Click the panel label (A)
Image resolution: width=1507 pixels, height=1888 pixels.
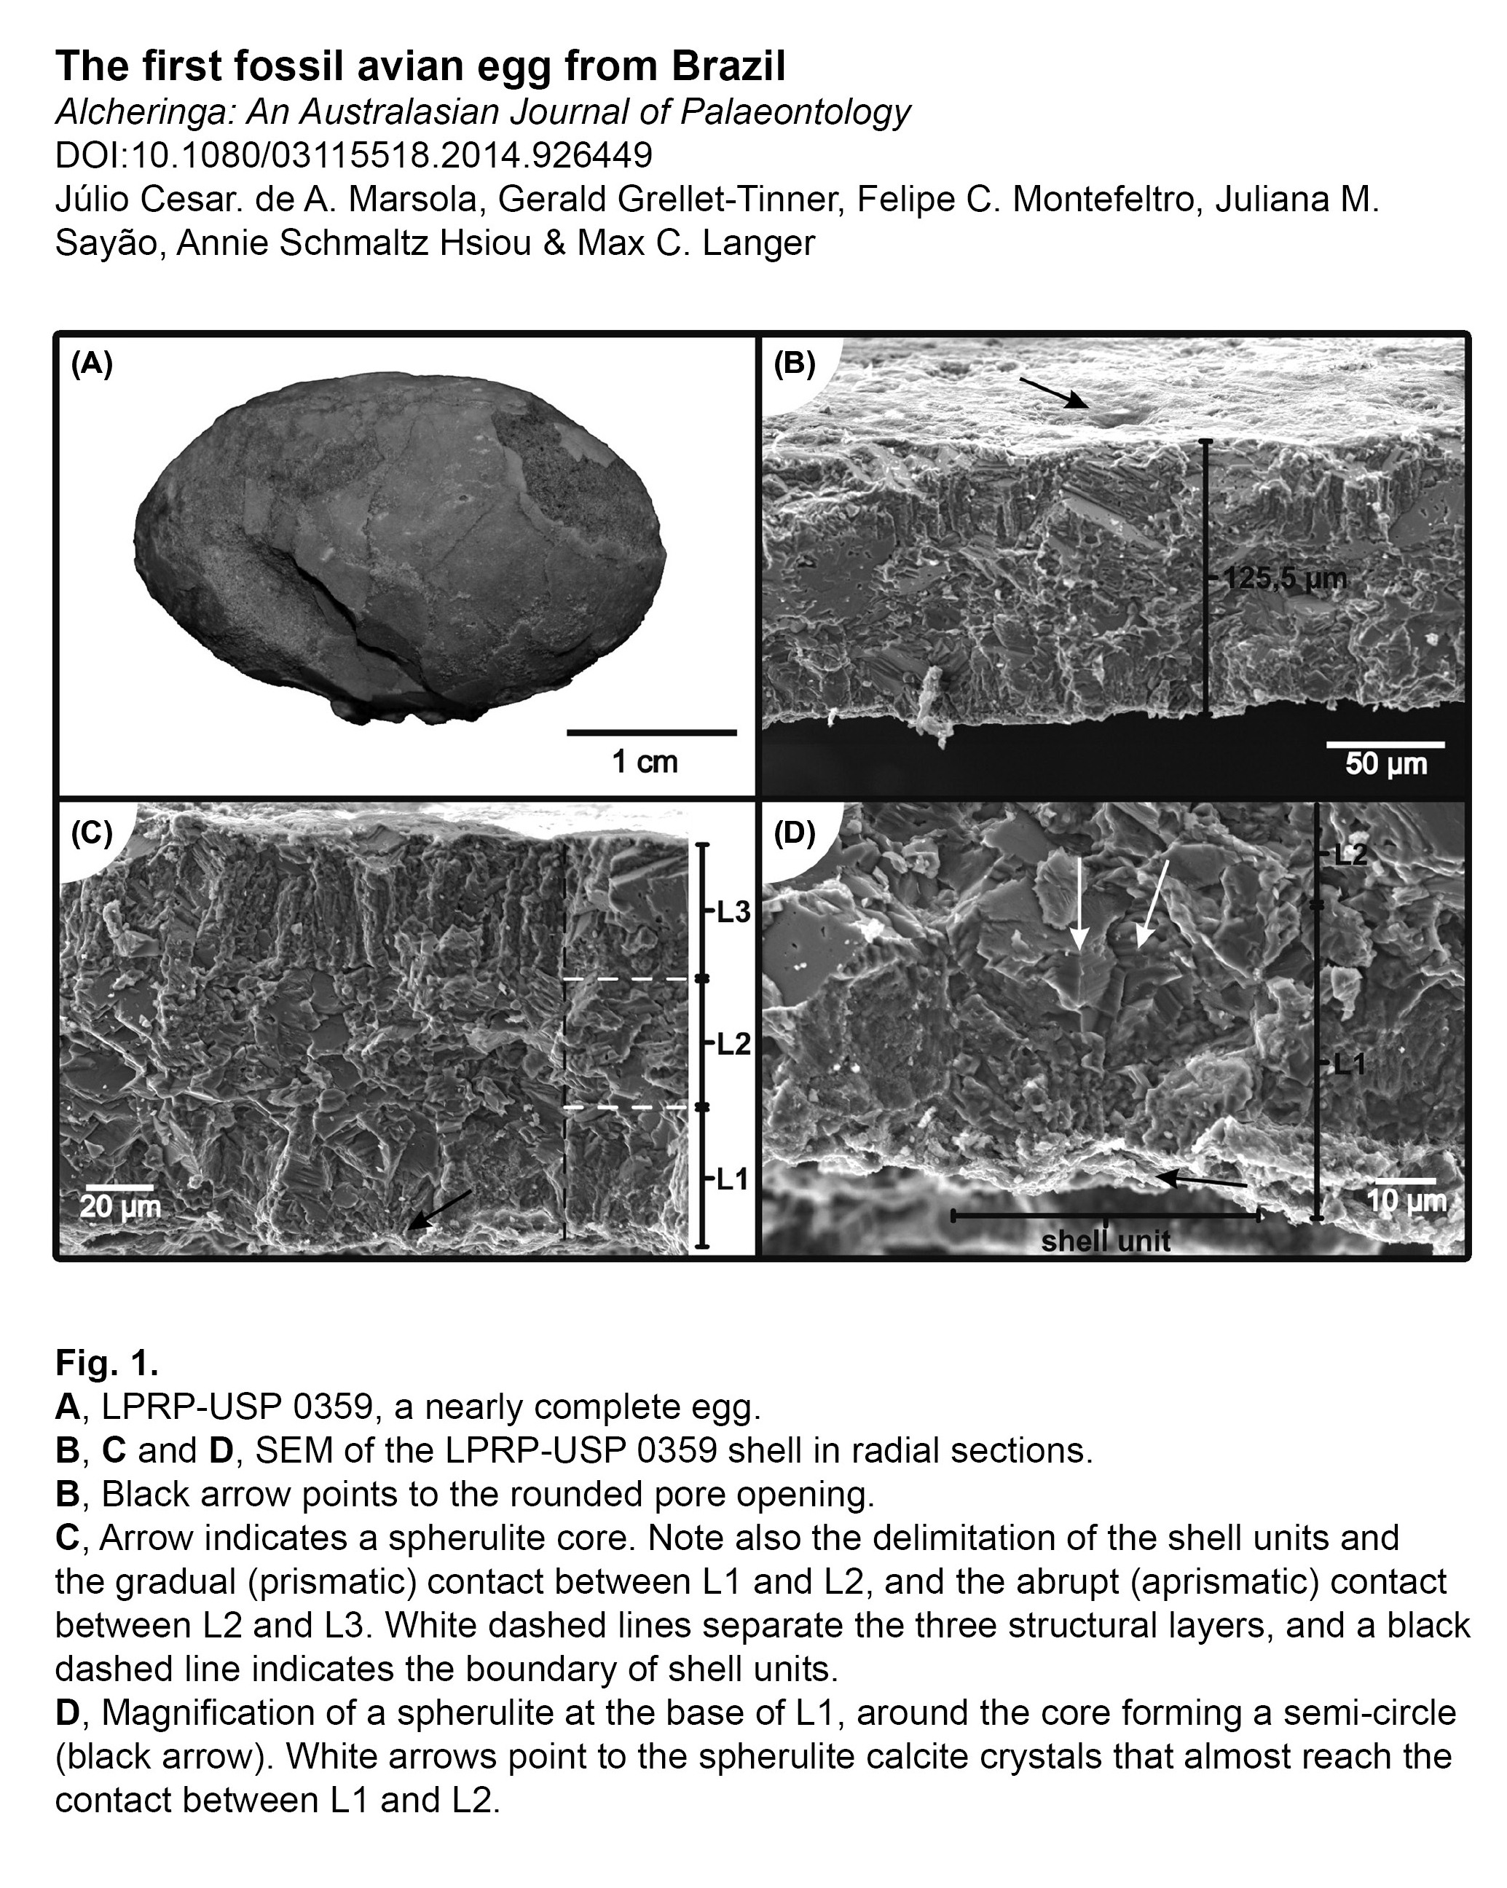[91, 363]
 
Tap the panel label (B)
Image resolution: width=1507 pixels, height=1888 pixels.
[794, 363]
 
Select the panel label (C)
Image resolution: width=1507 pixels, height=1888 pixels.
[91, 831]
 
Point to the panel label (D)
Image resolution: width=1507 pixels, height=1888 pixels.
[794, 833]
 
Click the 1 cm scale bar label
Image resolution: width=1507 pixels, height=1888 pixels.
[645, 761]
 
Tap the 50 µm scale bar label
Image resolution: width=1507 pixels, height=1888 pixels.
[1386, 763]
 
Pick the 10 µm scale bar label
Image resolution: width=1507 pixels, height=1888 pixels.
[1406, 1200]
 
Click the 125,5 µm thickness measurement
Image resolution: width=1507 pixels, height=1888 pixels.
[1283, 578]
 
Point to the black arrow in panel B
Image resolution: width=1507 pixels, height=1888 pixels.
[1053, 393]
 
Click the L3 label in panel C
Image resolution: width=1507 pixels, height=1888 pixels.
[733, 913]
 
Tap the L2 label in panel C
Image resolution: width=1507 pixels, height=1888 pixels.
[733, 1043]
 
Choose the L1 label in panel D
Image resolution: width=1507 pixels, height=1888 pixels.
[1348, 1065]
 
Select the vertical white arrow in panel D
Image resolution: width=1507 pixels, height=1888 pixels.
[1078, 905]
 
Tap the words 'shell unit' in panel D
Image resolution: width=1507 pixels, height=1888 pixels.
[1105, 1240]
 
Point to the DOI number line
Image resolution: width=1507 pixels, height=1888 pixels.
[354, 155]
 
